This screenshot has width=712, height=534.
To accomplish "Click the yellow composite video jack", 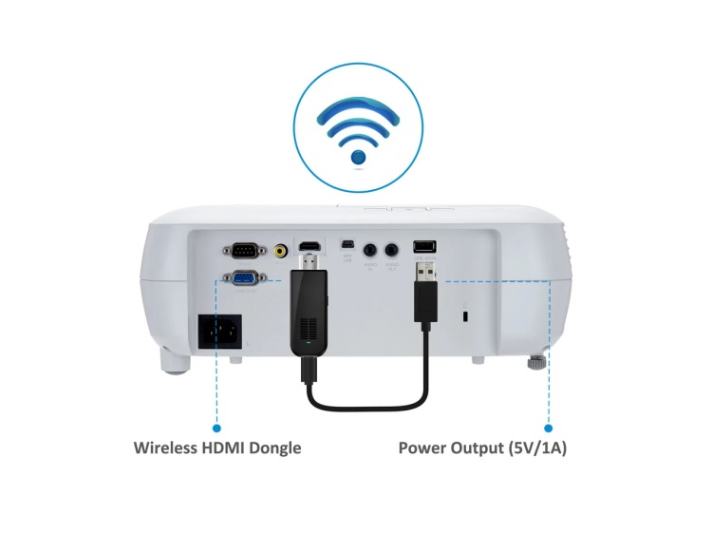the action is [281, 252].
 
